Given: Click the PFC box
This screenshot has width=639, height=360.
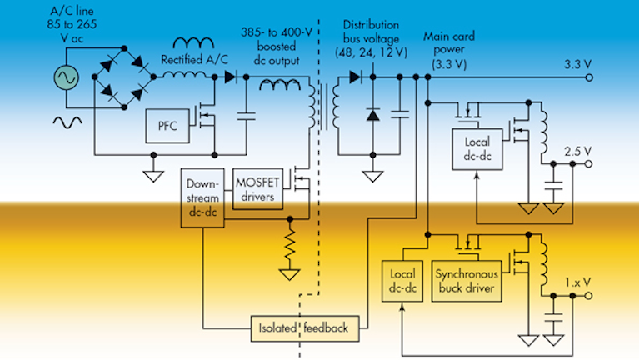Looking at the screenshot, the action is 167,126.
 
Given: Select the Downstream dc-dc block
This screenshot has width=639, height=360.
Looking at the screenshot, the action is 202,197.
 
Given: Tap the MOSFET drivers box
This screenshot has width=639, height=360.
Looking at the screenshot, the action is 257,189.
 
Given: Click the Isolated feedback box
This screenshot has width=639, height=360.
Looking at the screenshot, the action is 305,328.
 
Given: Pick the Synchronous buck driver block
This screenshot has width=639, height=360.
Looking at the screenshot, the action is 467,281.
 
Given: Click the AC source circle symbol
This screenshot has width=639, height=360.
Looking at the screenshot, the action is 66,77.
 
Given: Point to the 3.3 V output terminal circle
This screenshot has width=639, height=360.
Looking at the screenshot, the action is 589,77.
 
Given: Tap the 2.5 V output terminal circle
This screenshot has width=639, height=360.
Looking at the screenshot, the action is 588,164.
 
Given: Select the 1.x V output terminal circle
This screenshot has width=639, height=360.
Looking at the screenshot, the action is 588,296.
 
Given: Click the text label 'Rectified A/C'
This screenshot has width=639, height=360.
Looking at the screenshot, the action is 194,60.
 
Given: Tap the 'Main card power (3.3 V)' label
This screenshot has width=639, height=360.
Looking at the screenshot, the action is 449,50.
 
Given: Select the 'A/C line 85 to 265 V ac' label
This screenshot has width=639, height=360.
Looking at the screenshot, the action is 72,24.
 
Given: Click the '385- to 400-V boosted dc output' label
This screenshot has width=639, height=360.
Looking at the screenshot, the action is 277,46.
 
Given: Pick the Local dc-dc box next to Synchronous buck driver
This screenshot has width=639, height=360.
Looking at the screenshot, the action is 402,281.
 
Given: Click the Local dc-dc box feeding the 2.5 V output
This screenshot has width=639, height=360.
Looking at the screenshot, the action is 477,149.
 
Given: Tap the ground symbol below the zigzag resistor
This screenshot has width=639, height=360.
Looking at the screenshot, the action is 290,274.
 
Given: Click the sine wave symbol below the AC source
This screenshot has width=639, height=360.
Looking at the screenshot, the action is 67,122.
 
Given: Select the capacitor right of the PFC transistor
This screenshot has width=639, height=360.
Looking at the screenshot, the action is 246,116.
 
